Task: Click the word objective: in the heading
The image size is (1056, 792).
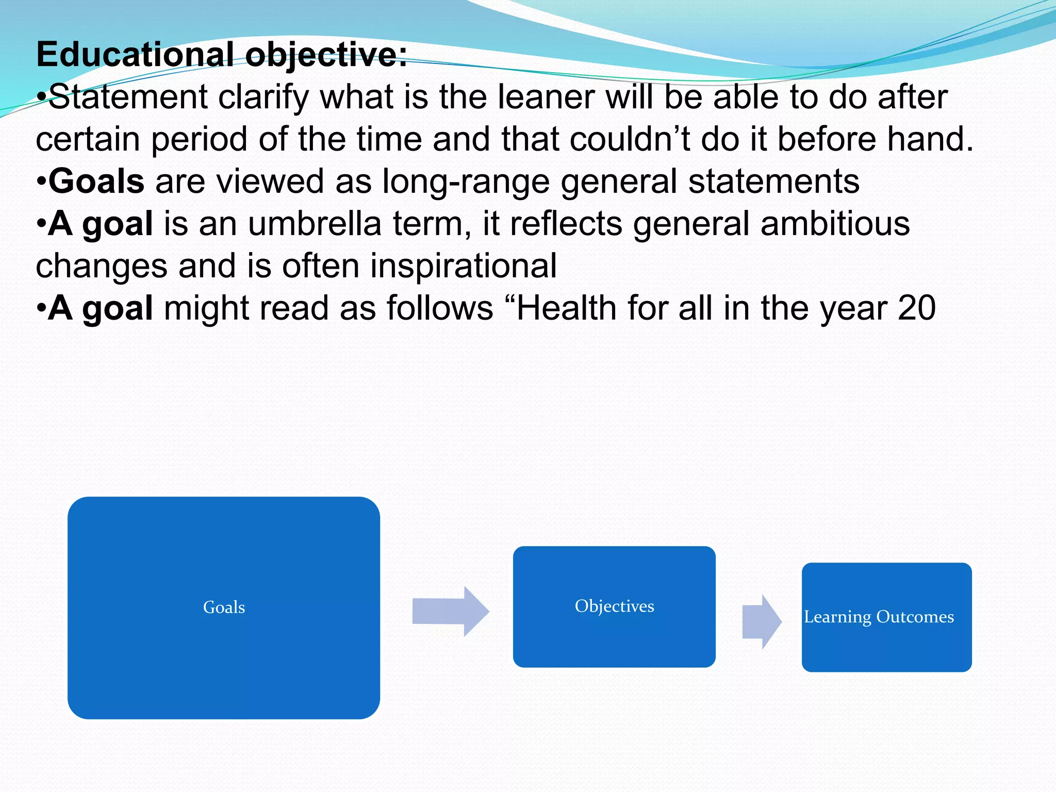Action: [326, 55]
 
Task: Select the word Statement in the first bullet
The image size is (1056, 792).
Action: [128, 97]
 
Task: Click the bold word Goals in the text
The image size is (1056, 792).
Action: [96, 181]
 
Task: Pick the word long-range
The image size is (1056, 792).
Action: [466, 181]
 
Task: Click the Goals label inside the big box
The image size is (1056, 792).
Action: [224, 607]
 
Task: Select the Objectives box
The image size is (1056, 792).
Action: [614, 606]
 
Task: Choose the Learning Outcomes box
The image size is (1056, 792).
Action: [886, 617]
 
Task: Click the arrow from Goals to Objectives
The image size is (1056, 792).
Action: [450, 611]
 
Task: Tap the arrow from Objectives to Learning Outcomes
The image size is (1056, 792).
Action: [762, 621]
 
